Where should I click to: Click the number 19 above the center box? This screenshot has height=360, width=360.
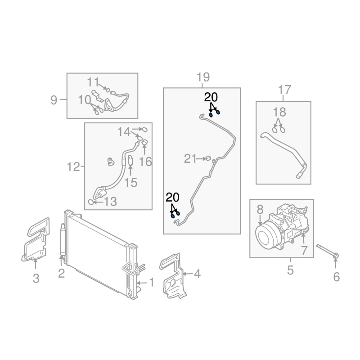(x=203, y=77)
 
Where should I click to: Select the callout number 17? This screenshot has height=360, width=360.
(x=284, y=90)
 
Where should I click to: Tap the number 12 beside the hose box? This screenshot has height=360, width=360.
(x=73, y=166)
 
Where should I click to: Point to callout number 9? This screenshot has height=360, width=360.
(x=54, y=100)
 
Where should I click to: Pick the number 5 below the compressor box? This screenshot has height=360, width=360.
(x=290, y=270)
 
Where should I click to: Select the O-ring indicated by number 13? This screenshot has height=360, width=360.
(x=91, y=202)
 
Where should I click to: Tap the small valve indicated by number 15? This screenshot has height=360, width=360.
(x=130, y=160)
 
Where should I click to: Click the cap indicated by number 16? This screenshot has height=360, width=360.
(x=144, y=142)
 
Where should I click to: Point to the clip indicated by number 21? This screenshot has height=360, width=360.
(x=208, y=158)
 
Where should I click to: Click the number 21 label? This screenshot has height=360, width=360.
(x=190, y=159)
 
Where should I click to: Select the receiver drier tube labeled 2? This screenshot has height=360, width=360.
(x=63, y=240)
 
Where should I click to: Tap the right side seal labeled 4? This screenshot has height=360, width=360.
(x=172, y=275)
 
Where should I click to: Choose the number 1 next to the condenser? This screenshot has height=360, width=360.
(x=152, y=283)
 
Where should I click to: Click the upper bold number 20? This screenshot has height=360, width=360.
(x=211, y=97)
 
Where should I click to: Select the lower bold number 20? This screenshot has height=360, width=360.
(x=173, y=198)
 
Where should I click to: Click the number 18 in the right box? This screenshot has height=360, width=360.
(x=279, y=112)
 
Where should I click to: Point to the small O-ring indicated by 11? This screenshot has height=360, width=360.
(x=108, y=90)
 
